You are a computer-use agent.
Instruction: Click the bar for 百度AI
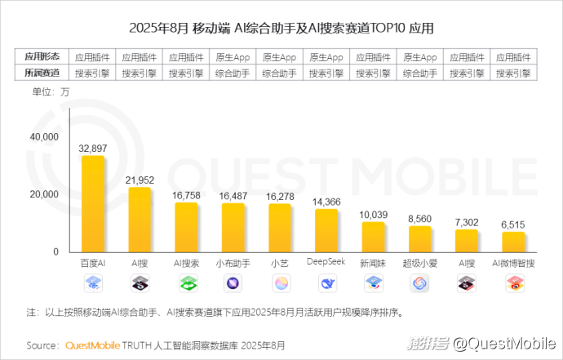(x=92, y=204)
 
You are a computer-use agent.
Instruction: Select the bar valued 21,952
(x=140, y=220)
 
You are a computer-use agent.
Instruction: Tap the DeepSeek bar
(x=326, y=230)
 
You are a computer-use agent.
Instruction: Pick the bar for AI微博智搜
(x=513, y=242)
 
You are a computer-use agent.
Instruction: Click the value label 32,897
(x=92, y=149)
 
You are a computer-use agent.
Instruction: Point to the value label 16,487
(x=233, y=196)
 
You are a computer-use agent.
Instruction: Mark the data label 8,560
(x=419, y=219)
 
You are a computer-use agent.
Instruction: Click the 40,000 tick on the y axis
(x=44, y=137)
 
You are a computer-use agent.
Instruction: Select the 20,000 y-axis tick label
(x=44, y=194)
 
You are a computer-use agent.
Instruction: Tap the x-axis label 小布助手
(x=233, y=264)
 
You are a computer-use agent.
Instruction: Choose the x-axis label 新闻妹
(x=373, y=264)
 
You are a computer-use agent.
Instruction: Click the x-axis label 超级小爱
(x=419, y=264)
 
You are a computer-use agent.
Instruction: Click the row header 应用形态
(x=42, y=58)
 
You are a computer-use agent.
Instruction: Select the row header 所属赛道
(x=42, y=73)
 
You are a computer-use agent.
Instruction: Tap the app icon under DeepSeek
(x=326, y=283)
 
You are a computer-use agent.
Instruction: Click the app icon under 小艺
(x=280, y=283)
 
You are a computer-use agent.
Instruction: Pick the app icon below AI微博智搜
(x=513, y=283)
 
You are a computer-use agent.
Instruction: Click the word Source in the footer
(x=42, y=344)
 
